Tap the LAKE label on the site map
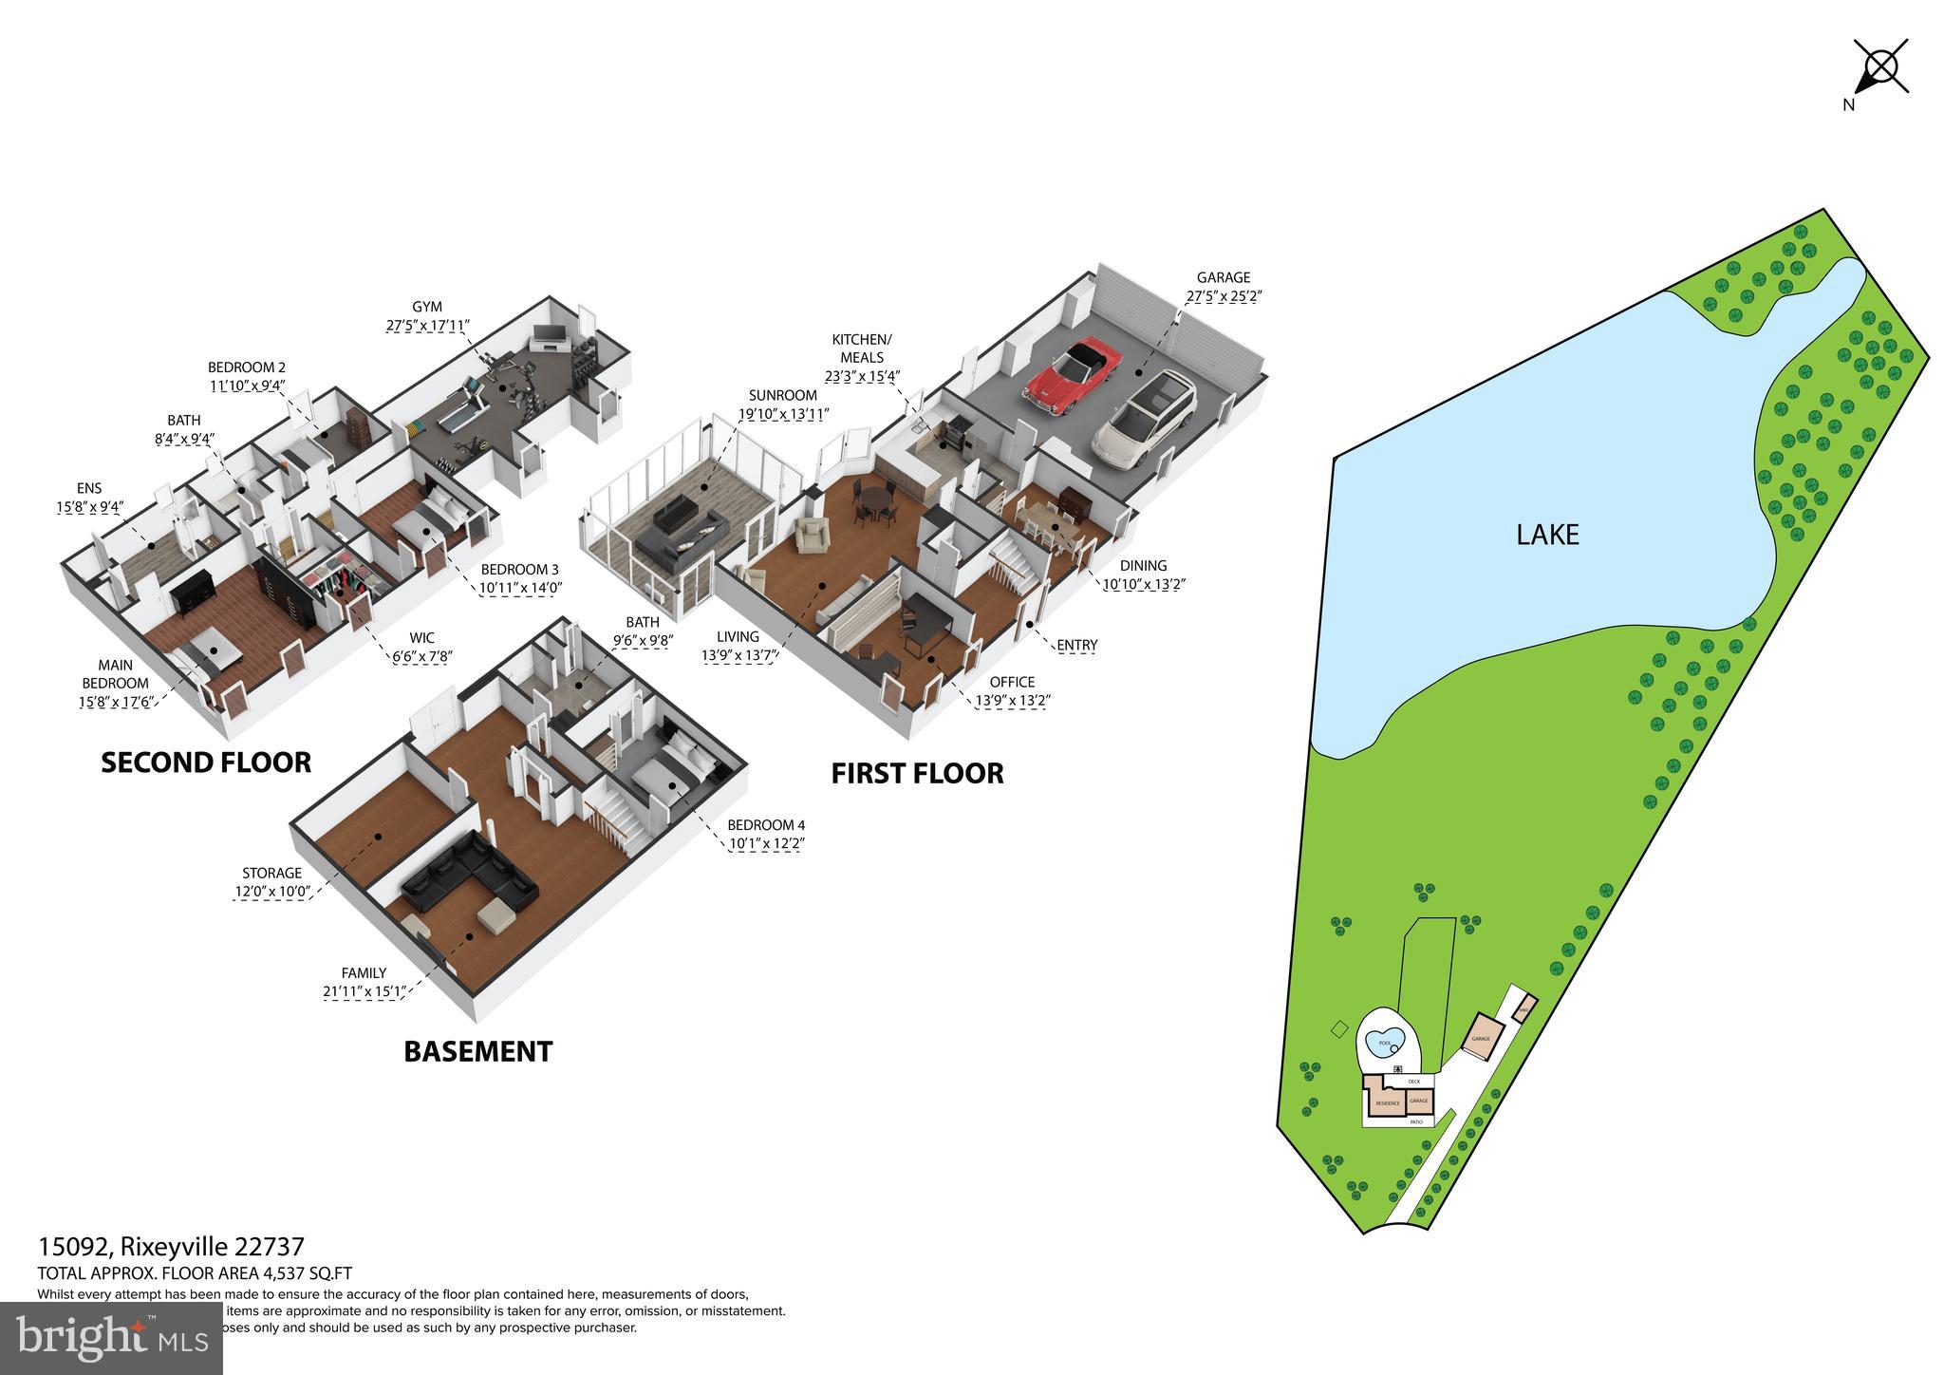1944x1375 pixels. [x=1547, y=535]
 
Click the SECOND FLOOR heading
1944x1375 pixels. [x=206, y=763]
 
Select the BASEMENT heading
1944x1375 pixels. [x=477, y=1051]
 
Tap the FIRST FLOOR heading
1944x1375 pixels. [x=917, y=773]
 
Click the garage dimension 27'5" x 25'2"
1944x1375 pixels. [x=1223, y=296]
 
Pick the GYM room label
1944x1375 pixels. [x=427, y=307]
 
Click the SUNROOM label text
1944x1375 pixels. [x=782, y=395]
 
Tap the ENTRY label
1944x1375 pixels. [x=1076, y=646]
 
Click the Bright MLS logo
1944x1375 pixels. [x=112, y=1336]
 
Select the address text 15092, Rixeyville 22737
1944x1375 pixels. [x=171, y=1247]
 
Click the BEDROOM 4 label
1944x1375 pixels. [x=765, y=825]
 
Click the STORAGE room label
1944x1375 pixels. [x=271, y=873]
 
